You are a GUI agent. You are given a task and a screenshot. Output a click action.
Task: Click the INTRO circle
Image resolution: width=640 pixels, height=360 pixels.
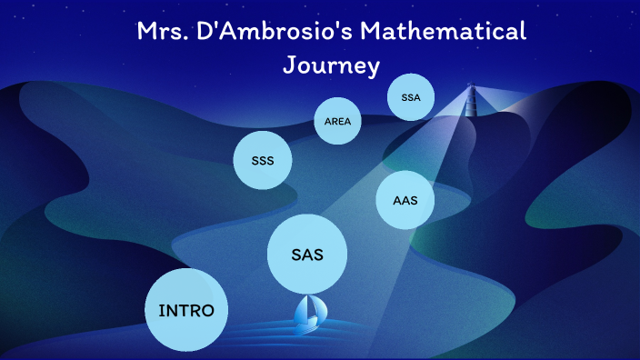[186, 310]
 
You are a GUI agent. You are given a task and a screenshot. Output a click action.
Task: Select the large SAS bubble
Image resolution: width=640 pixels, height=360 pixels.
[307, 255]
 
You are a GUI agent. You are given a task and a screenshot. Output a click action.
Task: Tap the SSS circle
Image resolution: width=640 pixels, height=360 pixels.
[263, 161]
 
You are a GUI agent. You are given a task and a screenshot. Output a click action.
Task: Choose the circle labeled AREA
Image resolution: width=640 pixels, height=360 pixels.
[337, 120]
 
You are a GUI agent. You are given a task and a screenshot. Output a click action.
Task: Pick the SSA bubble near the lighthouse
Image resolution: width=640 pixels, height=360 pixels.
[411, 96]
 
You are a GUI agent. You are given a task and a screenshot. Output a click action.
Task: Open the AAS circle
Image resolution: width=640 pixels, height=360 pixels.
[405, 200]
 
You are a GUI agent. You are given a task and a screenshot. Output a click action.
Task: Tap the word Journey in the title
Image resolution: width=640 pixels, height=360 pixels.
[331, 65]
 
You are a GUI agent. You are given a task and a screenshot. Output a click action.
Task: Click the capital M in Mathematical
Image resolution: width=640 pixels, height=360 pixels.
[375, 32]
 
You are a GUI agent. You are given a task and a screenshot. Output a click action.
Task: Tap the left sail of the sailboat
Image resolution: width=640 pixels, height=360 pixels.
[305, 311]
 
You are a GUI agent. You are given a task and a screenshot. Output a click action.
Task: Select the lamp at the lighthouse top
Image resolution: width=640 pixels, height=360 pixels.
[471, 88]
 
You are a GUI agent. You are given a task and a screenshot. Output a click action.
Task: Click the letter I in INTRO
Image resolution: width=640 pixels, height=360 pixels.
[162, 310]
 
